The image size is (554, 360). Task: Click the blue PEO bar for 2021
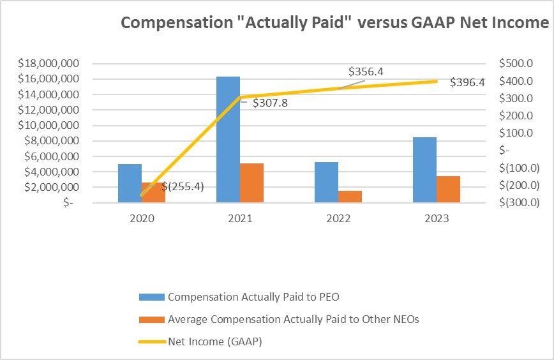[228, 139]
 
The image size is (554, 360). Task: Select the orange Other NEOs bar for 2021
[251, 183]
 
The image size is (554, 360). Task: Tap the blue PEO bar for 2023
[424, 170]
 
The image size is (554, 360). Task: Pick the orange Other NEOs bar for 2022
[350, 197]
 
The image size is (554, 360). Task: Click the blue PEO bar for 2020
[130, 183]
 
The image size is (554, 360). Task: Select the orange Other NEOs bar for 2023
[448, 189]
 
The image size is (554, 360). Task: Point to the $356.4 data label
[366, 71]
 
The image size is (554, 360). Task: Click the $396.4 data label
[467, 82]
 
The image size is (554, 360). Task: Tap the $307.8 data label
[270, 102]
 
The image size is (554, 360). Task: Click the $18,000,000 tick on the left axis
[49, 63]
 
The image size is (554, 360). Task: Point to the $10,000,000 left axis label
[49, 125]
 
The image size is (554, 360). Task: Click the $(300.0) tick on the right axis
[517, 202]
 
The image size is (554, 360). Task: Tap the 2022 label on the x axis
[338, 218]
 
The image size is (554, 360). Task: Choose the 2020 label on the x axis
[142, 218]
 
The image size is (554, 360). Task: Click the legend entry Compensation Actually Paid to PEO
[257, 297]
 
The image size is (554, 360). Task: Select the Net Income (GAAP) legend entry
[214, 341]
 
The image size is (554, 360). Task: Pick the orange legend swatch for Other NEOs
[152, 319]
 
